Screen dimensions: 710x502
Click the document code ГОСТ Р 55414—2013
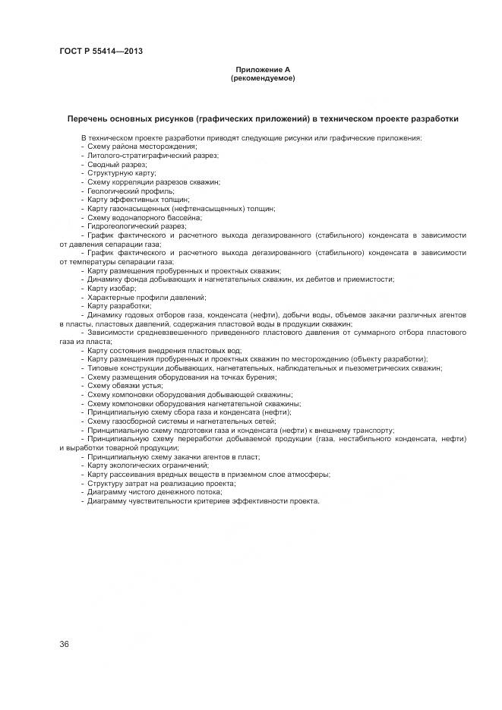coord(101,52)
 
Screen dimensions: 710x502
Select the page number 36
coord(65,644)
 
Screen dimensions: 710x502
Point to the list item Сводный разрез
coord(117,164)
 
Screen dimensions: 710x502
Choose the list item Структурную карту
coord(122,173)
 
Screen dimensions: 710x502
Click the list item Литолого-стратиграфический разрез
coord(153,155)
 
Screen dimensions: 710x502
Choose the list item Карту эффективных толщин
coord(134,199)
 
